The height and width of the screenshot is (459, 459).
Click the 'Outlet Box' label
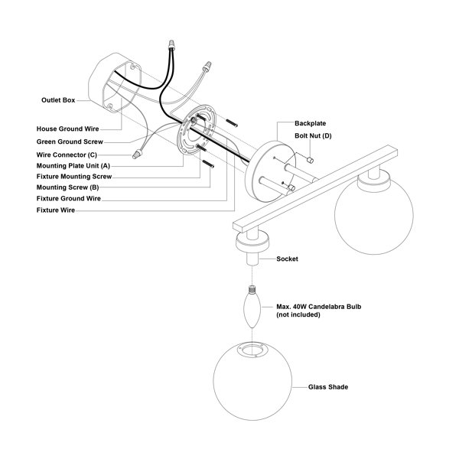tap(58, 100)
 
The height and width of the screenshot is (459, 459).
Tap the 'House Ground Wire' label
tap(67, 129)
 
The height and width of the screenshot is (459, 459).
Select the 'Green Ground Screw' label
tap(70, 142)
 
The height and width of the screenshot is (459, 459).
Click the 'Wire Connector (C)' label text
tap(67, 155)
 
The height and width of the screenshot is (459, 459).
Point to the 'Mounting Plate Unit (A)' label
tap(73, 166)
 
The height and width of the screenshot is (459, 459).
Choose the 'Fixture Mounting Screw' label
tap(74, 177)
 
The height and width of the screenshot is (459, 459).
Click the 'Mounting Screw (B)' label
tap(67, 187)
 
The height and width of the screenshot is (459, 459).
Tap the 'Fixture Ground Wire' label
tap(69, 198)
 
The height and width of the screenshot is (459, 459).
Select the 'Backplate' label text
tap(311, 123)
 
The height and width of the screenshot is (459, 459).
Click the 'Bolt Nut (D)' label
tap(313, 136)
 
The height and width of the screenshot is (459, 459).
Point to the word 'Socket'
tap(287, 259)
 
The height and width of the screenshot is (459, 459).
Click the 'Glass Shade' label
tap(328, 387)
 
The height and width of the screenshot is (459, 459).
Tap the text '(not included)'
tap(298, 314)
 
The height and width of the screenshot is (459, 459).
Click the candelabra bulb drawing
tap(252, 307)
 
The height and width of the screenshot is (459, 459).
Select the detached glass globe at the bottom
tap(252, 381)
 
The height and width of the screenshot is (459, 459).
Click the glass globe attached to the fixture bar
tap(374, 215)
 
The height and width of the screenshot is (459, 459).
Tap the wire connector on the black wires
tap(171, 45)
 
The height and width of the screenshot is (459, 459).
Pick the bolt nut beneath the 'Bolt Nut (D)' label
tap(310, 160)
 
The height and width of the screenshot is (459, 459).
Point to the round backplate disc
tap(270, 171)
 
